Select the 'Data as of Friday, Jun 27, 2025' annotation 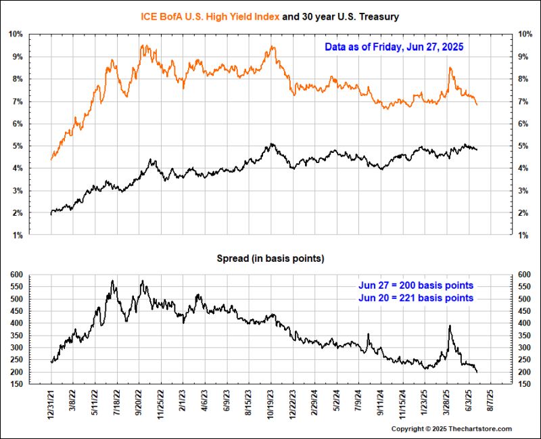tap(394, 47)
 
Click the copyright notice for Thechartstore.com tap(452, 429)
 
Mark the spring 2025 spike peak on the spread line tap(450, 326)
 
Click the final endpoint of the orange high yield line tap(477, 105)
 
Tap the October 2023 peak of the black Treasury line tap(271, 143)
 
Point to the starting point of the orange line tap(51, 159)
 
